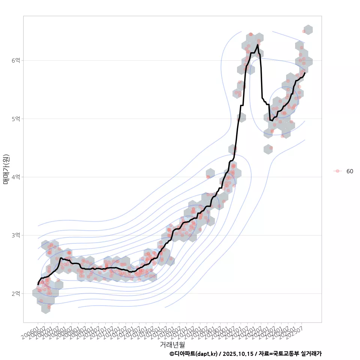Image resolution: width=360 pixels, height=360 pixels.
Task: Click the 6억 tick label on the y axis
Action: (15, 60)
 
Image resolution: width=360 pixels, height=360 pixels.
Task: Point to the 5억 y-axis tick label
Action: (15, 119)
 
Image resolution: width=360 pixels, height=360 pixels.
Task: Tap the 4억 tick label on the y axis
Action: (15, 177)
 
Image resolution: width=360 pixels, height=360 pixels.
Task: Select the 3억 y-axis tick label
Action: (15, 235)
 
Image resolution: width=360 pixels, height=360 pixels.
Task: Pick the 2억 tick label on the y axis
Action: (15, 294)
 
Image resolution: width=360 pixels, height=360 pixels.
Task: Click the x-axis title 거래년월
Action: (172, 344)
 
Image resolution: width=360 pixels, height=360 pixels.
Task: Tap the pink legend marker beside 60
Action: (337, 171)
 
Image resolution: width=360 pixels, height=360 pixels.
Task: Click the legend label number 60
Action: (349, 171)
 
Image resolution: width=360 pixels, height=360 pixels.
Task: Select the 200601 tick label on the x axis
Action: (30, 332)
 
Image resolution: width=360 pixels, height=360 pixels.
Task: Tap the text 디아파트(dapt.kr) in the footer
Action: (196, 354)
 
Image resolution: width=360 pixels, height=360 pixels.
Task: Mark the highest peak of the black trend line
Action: (258, 45)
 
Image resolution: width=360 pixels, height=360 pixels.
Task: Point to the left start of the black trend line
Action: (38, 284)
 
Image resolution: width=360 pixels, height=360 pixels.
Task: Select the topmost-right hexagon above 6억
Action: (308, 30)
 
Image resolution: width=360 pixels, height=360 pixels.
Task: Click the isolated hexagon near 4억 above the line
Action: (210, 173)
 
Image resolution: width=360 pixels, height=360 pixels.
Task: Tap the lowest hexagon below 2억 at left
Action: (46, 309)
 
